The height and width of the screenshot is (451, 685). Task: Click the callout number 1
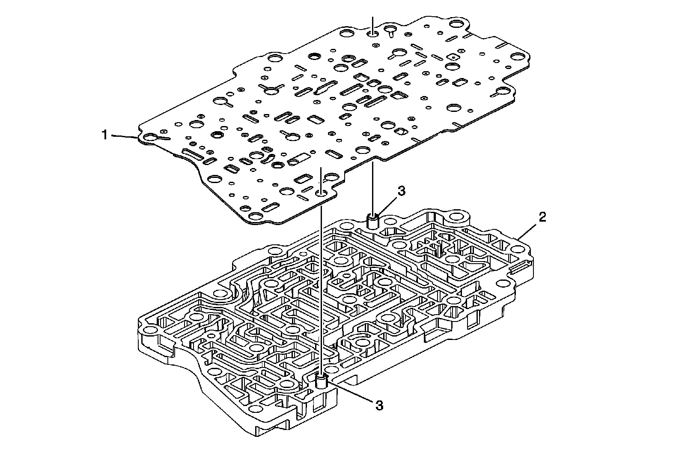pyautogui.click(x=104, y=135)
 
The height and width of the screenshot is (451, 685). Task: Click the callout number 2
pyautogui.click(x=542, y=217)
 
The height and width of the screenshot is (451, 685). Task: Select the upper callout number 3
pyautogui.click(x=401, y=192)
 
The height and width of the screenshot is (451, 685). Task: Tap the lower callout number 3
pyautogui.click(x=378, y=405)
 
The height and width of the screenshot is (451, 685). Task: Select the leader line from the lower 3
pyautogui.click(x=351, y=393)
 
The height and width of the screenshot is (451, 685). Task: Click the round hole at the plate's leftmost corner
pyautogui.click(x=150, y=138)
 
